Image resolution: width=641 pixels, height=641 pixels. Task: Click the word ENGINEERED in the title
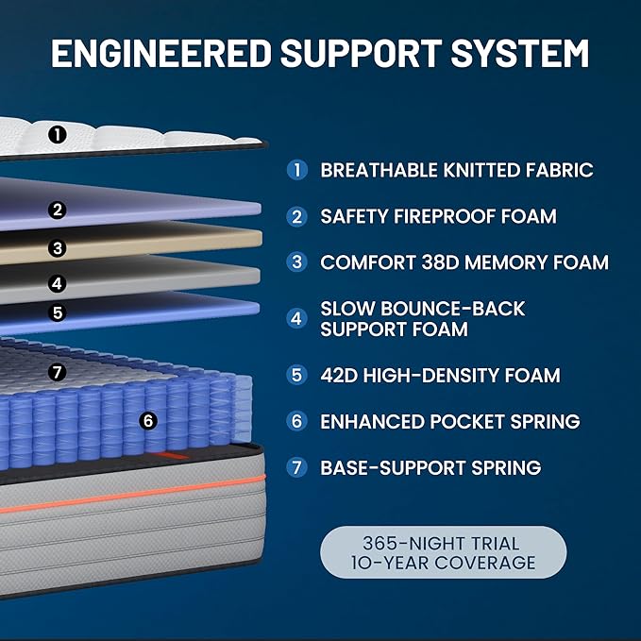(x=161, y=53)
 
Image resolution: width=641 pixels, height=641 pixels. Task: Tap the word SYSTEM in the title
(x=519, y=53)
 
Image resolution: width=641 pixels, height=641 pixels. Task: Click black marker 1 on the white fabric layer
(x=58, y=134)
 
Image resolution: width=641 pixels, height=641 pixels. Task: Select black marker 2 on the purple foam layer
(x=58, y=210)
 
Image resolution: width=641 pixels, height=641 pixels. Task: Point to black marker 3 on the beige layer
(x=58, y=248)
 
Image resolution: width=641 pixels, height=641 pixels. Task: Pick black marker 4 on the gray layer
(x=58, y=283)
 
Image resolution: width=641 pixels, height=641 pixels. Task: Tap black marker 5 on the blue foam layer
(x=58, y=312)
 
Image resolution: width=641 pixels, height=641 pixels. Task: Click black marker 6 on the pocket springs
(x=148, y=421)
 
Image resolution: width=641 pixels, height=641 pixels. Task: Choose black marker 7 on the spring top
(x=58, y=372)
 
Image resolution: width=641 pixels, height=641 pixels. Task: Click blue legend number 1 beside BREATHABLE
(x=297, y=170)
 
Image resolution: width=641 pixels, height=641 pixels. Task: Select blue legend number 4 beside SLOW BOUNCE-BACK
(x=297, y=318)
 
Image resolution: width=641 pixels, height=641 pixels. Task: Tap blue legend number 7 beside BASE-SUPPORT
(x=297, y=467)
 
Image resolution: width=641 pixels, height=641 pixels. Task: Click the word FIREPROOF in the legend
(x=444, y=216)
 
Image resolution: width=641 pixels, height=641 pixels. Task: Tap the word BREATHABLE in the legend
(x=379, y=170)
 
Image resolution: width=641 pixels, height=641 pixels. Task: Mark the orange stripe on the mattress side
(x=131, y=494)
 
